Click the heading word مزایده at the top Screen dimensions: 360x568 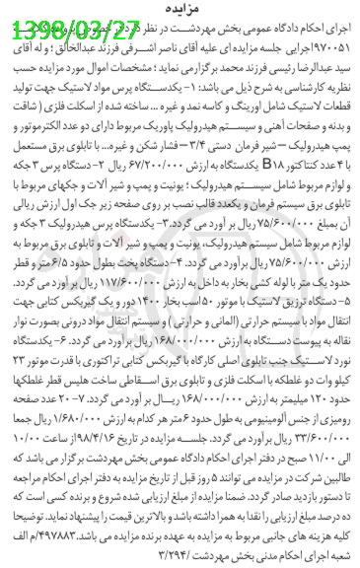(x=180, y=9)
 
